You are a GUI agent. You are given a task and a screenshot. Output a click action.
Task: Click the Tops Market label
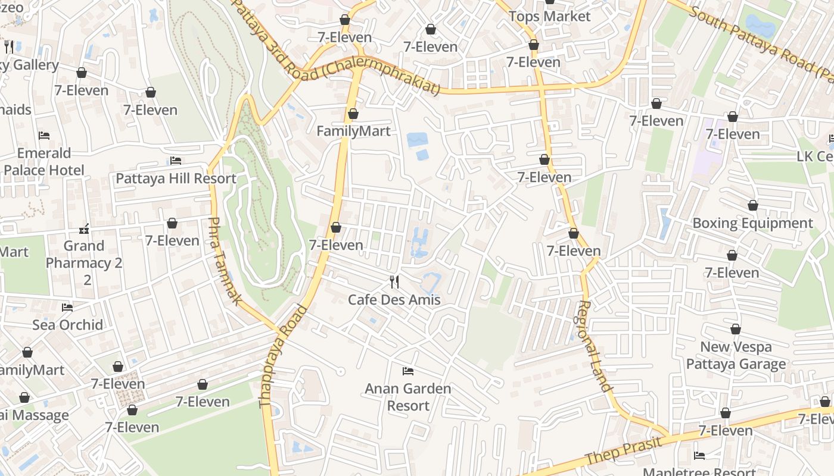click(549, 17)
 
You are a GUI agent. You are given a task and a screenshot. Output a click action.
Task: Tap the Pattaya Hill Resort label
click(176, 178)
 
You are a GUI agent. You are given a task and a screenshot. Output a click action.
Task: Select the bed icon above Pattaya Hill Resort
click(176, 161)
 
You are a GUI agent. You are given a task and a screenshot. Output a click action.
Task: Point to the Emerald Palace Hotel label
click(44, 162)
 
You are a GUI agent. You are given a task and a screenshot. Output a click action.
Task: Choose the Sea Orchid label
click(67, 325)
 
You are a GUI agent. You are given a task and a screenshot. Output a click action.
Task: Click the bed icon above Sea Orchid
click(67, 308)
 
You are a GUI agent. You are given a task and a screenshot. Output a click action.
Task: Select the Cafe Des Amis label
click(394, 299)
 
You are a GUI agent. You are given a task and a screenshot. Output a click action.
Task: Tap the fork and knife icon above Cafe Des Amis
click(394, 281)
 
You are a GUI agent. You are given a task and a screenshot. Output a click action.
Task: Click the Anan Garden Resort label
click(408, 397)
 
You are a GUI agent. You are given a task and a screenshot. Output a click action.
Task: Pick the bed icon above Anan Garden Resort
click(408, 371)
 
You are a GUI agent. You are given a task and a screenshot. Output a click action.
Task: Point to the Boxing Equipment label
click(752, 223)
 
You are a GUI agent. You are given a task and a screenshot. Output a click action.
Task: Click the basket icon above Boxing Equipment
click(753, 205)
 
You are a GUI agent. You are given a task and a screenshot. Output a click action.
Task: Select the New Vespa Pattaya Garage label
click(736, 355)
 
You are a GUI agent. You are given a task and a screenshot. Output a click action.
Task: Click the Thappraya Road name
click(283, 357)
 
